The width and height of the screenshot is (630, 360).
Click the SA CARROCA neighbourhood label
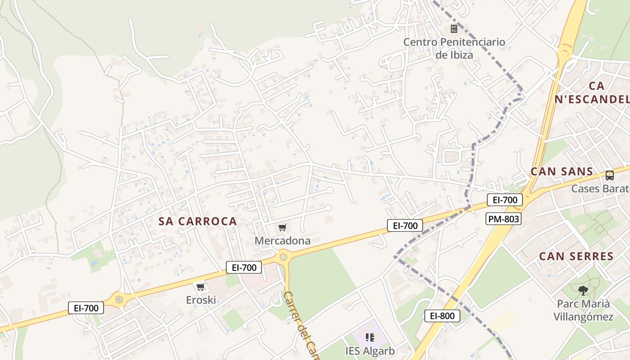[x=198, y=221]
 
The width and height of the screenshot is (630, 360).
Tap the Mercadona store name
[x=283, y=241]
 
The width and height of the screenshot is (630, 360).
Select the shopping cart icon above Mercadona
[x=282, y=228]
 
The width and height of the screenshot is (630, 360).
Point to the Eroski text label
[x=201, y=300]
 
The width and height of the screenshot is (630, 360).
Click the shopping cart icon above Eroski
[x=201, y=287]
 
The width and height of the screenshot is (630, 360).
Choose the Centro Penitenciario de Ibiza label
[x=454, y=49]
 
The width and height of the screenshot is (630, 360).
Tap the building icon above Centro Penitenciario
[x=454, y=29]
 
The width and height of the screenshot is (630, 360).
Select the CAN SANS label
[x=562, y=171]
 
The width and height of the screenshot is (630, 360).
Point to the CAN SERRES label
[x=576, y=256]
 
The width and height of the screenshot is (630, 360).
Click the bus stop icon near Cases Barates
[x=610, y=175]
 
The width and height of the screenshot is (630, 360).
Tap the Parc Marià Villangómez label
[x=583, y=310]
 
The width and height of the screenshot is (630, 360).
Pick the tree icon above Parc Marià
[x=583, y=290]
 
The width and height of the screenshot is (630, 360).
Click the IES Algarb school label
[x=370, y=351]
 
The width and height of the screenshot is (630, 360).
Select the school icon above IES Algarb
[x=370, y=337]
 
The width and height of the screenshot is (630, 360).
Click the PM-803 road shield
[x=503, y=219]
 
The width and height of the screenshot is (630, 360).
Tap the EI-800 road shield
[x=442, y=316]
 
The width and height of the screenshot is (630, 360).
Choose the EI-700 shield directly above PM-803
[x=504, y=200]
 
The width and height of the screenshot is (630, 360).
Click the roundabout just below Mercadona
[x=283, y=257]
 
